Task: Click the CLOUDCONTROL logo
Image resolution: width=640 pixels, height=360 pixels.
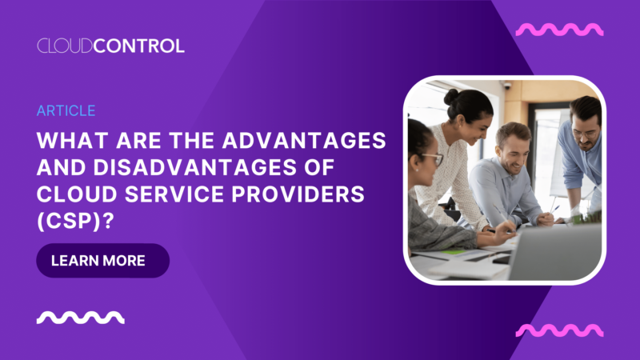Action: [x=110, y=46]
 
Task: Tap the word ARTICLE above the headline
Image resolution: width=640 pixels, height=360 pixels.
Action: [x=66, y=111]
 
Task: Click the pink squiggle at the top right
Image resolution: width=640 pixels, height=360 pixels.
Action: [x=559, y=30]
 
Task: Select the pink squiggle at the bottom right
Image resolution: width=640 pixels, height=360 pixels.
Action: [x=559, y=330]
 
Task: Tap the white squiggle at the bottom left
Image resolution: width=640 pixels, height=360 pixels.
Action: [x=81, y=318]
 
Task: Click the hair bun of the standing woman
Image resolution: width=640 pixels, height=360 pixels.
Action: [x=451, y=97]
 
